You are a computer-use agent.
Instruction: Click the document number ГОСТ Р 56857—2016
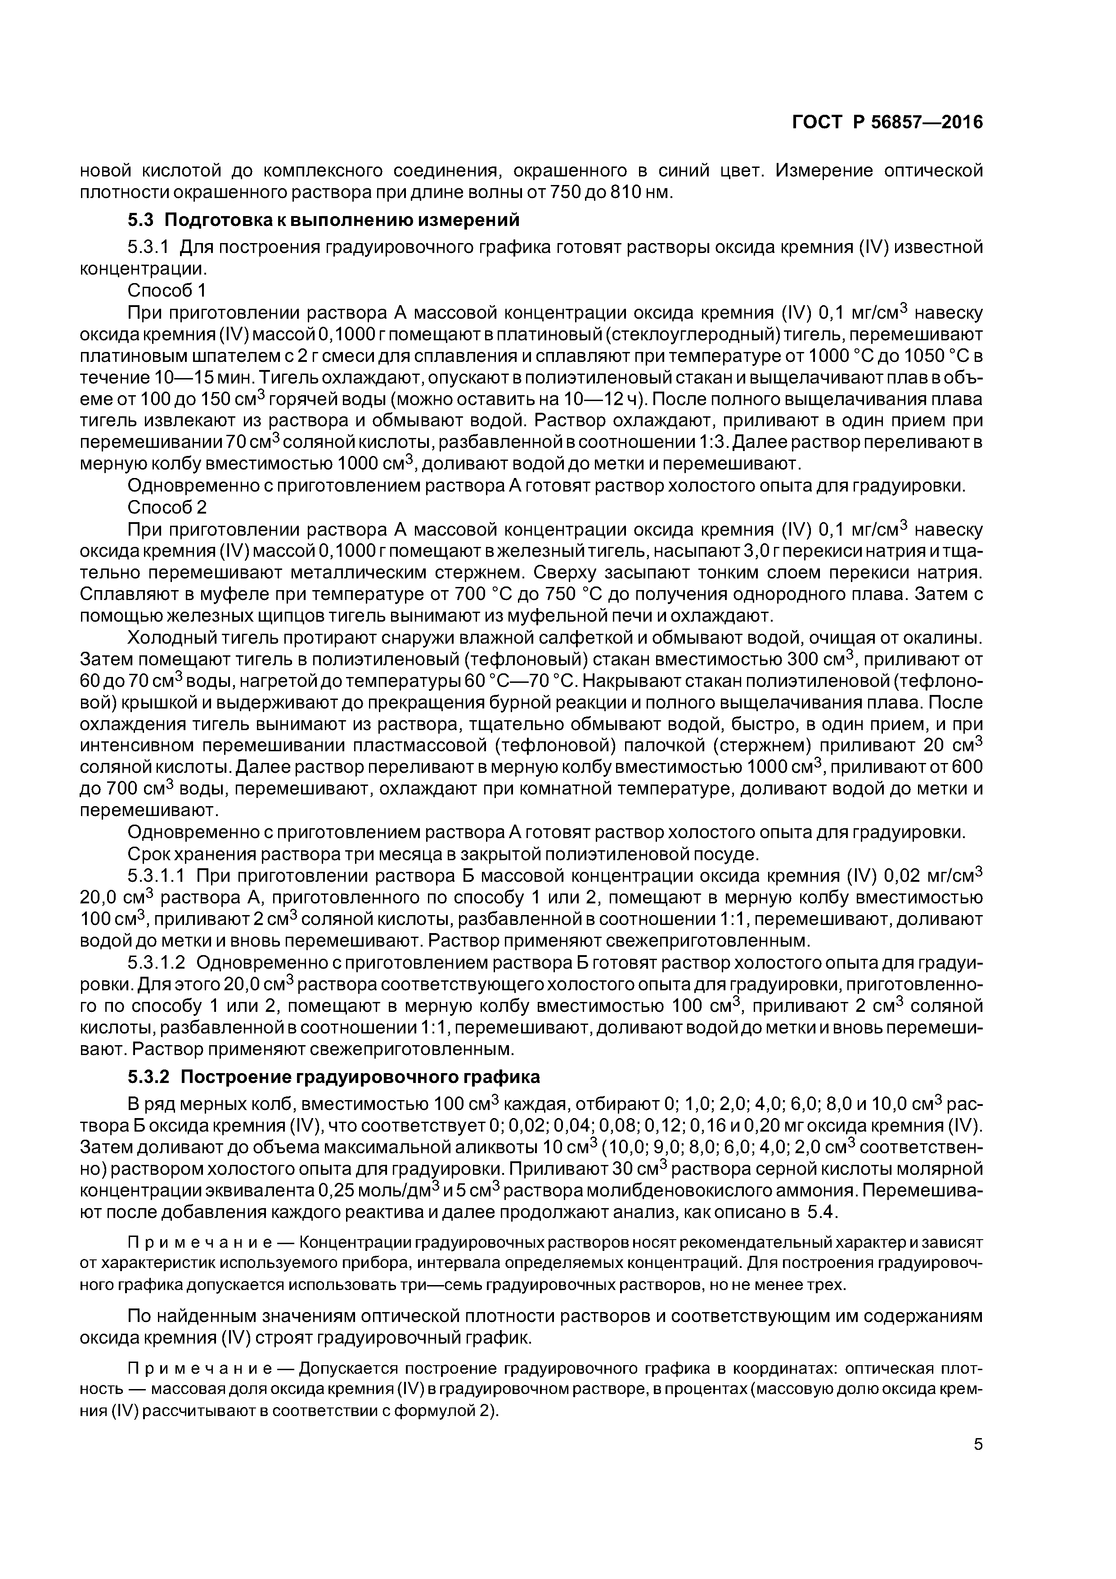pyautogui.click(x=887, y=122)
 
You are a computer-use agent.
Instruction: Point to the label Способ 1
pyautogui.click(x=167, y=289)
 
